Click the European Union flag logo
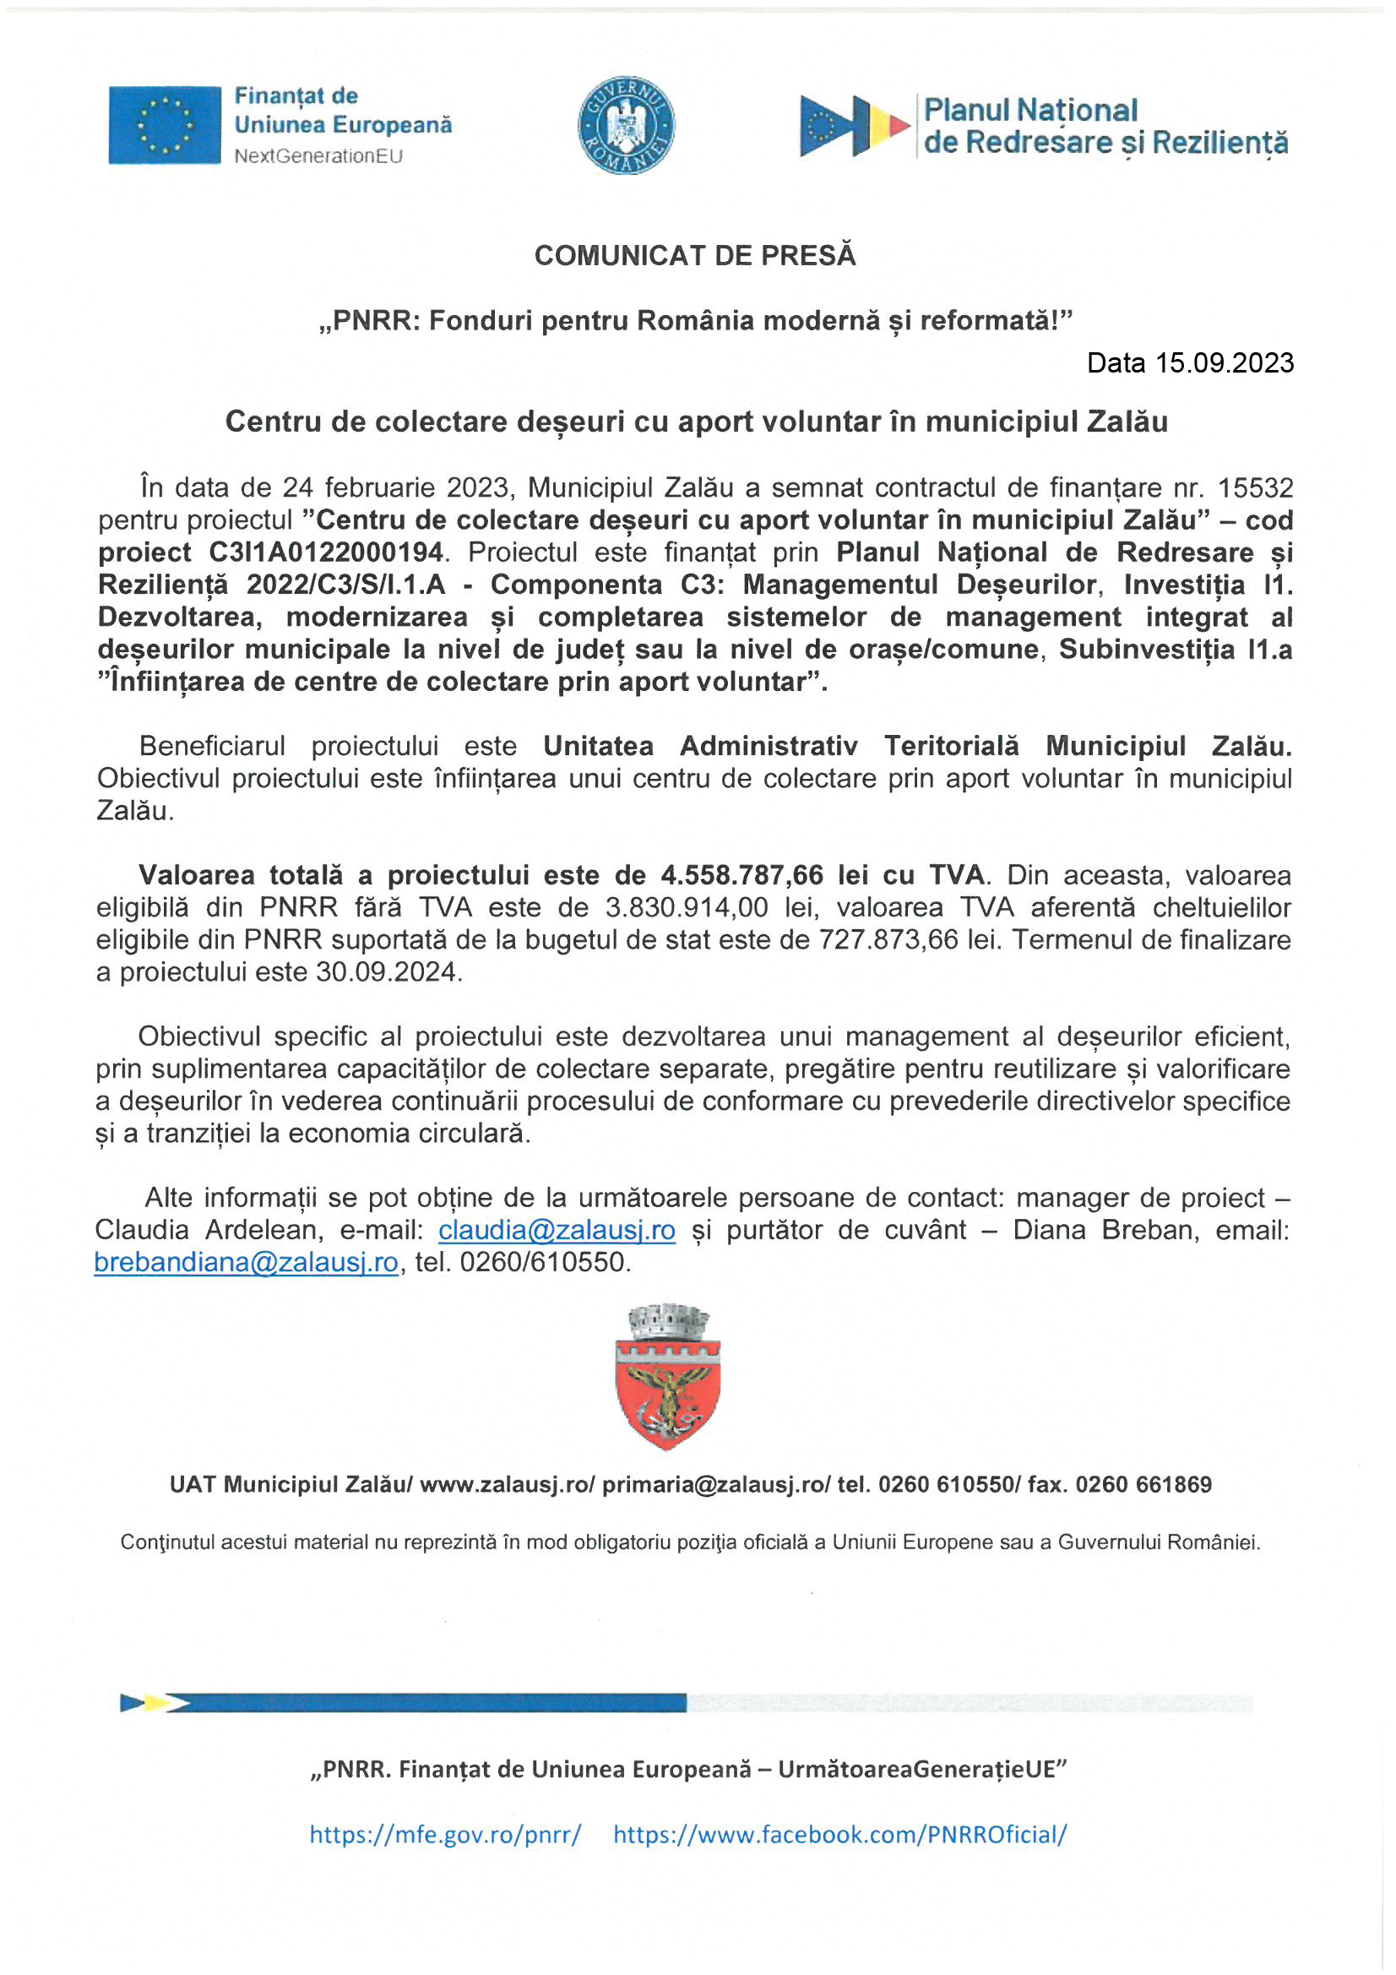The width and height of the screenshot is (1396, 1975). pyautogui.click(x=165, y=125)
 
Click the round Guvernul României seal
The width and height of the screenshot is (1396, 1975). pyautogui.click(x=625, y=125)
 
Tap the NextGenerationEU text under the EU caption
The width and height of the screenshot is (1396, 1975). pyautogui.click(x=318, y=156)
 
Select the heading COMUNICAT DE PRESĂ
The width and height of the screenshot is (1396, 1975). pyautogui.click(x=695, y=255)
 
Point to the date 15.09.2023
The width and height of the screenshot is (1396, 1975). pyautogui.click(x=1224, y=363)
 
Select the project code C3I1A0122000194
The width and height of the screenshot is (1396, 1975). pyautogui.click(x=326, y=552)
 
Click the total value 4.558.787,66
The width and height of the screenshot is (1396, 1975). pyautogui.click(x=741, y=875)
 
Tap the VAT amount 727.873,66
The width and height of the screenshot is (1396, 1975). pyautogui.click(x=888, y=939)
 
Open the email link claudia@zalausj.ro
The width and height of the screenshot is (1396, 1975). pyautogui.click(x=557, y=1230)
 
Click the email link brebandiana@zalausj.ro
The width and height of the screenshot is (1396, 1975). pyautogui.click(x=246, y=1262)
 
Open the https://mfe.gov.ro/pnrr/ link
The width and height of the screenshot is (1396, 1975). pyautogui.click(x=445, y=1834)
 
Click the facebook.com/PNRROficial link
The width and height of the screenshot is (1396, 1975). pyautogui.click(x=839, y=1834)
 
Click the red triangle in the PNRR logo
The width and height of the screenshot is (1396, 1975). pyautogui.click(x=899, y=126)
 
